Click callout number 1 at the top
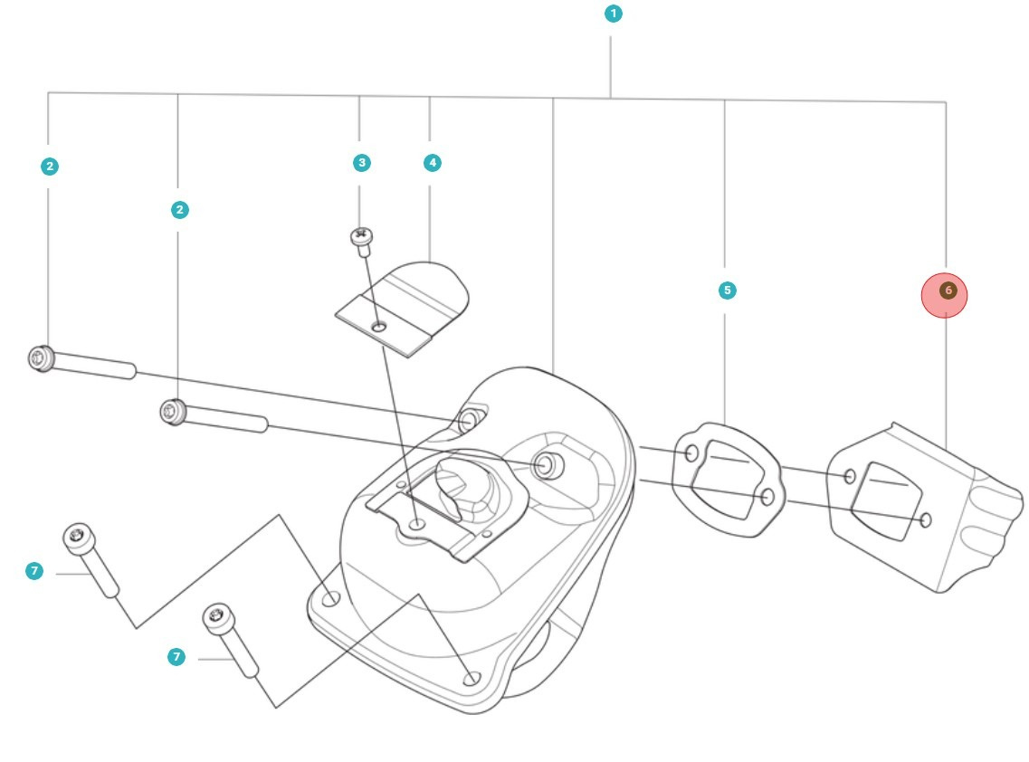click(x=614, y=14)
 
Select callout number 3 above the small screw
click(x=361, y=163)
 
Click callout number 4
click(x=432, y=163)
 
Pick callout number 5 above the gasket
click(x=726, y=291)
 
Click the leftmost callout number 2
click(x=49, y=166)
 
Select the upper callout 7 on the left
click(x=33, y=571)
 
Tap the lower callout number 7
click(x=176, y=657)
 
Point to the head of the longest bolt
click(x=41, y=358)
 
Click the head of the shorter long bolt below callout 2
click(x=170, y=412)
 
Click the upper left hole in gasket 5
click(x=691, y=452)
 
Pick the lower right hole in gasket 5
click(x=767, y=496)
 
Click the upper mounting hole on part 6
click(x=850, y=476)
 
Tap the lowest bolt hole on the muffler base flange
click(x=471, y=678)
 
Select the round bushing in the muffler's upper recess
click(x=546, y=465)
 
